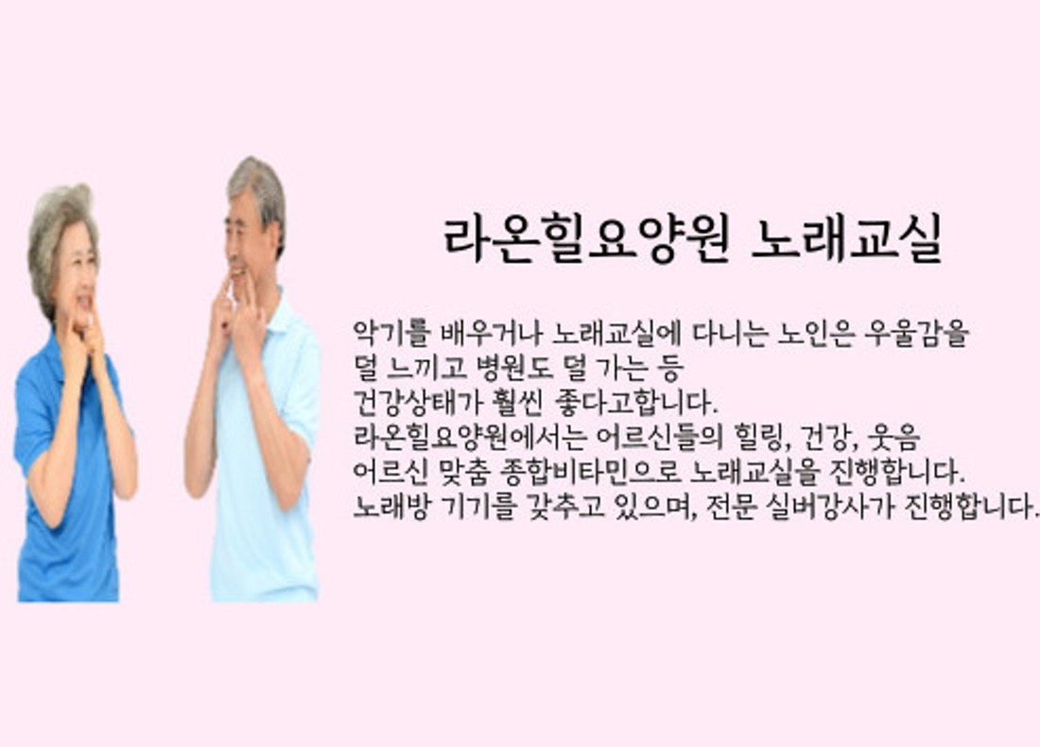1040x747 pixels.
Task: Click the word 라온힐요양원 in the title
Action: pos(586,239)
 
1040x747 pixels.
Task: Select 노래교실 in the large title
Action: pos(847,239)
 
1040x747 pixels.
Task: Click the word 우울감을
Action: pos(916,334)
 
